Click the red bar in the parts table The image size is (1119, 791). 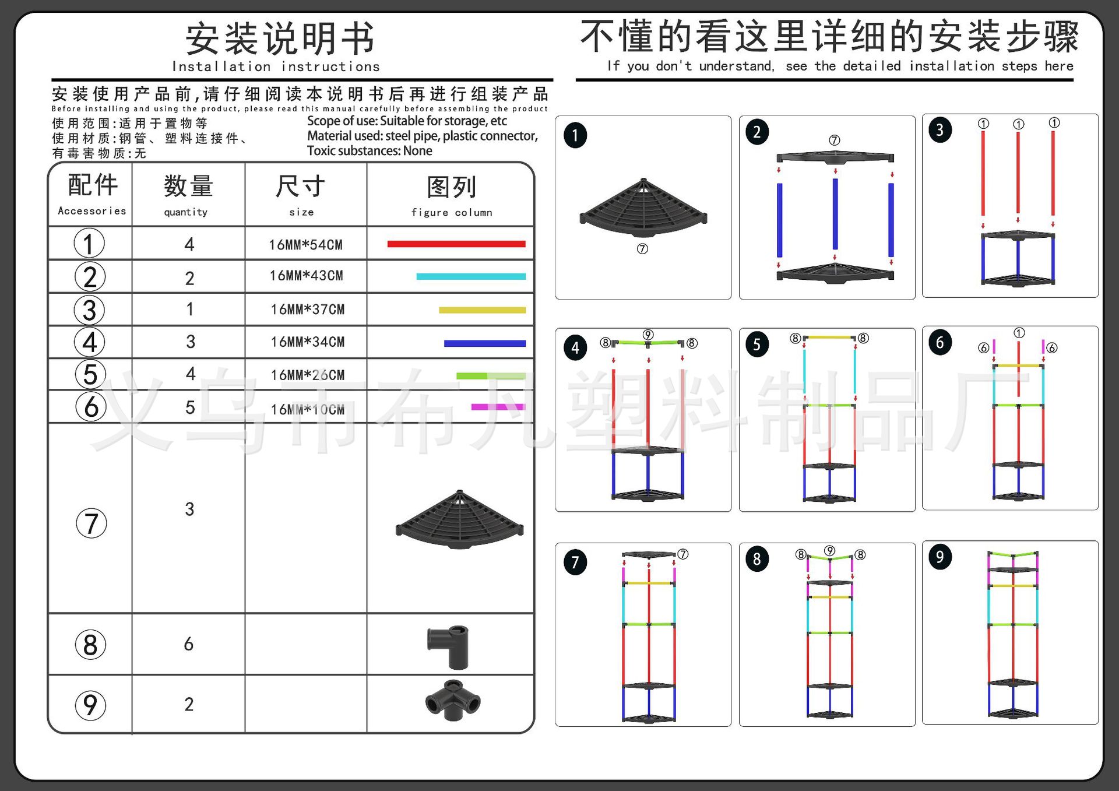point(456,244)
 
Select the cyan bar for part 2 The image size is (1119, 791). point(471,277)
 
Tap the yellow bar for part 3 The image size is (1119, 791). point(482,310)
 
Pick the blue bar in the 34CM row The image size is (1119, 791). point(484,343)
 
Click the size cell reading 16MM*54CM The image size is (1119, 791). point(306,245)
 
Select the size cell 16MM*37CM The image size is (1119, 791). point(308,310)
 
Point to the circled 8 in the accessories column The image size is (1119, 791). point(90,645)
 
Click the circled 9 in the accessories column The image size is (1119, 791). point(90,705)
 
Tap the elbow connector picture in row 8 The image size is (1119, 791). point(449,646)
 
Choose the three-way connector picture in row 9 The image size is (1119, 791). point(453,698)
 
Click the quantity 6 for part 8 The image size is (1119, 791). point(189,644)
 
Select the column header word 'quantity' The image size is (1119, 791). point(186,212)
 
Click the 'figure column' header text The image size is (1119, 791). point(452,213)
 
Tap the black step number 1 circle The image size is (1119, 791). point(575,136)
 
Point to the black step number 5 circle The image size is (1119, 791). point(757,344)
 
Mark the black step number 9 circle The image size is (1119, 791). point(940,557)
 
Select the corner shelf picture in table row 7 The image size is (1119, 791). point(460,520)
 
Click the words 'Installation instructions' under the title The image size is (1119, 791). point(276,67)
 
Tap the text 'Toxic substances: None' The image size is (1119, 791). point(370,151)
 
